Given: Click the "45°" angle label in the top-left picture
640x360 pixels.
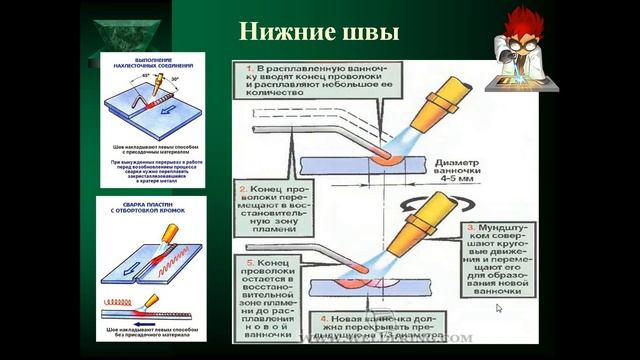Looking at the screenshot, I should (144, 78).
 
